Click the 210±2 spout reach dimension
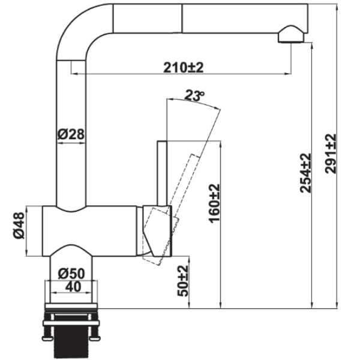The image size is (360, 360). [x=184, y=68]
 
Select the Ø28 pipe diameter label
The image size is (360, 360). [x=70, y=135]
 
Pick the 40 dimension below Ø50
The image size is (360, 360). [x=73, y=287]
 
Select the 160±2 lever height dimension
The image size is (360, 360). [x=215, y=203]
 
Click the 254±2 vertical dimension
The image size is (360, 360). [x=305, y=173]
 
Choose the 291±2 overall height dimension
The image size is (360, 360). [x=331, y=154]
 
